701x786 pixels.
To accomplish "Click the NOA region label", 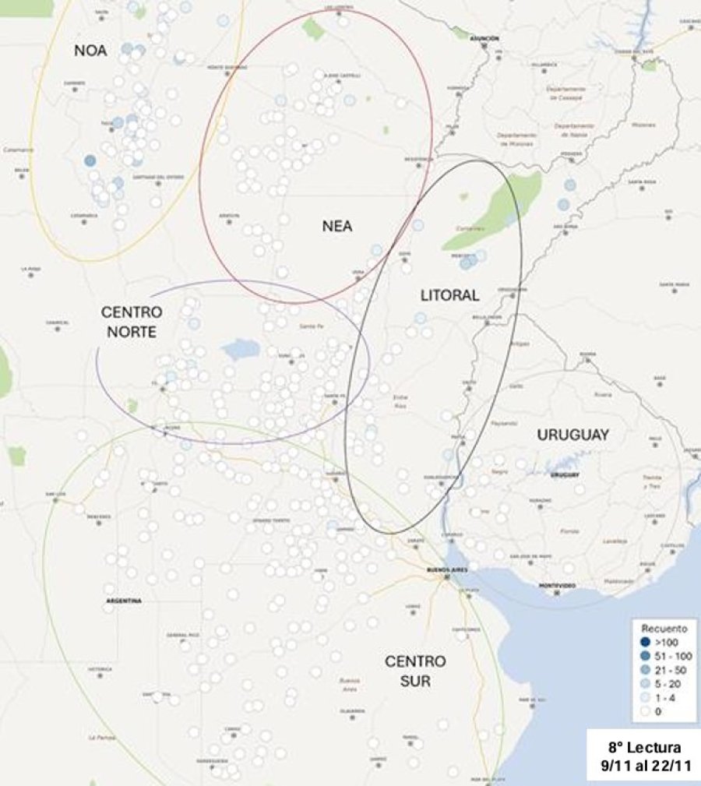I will coord(90,51).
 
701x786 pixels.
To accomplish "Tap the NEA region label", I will coord(337,227).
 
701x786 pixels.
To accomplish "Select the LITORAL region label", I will coord(449,296).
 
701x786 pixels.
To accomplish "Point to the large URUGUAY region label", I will coord(572,435).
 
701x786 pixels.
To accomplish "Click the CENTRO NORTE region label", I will coord(132,322).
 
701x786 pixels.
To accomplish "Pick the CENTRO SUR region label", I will coord(416,672).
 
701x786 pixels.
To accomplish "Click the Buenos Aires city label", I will coord(446,572).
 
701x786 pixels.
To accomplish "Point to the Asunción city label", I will coord(484,38).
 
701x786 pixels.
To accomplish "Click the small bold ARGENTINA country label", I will coord(125,601).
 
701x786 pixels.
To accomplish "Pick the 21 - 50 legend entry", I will coord(671,669).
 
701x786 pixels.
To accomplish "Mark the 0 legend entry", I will coord(659,711).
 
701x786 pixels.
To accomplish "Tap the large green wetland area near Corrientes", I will coord(495,210).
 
